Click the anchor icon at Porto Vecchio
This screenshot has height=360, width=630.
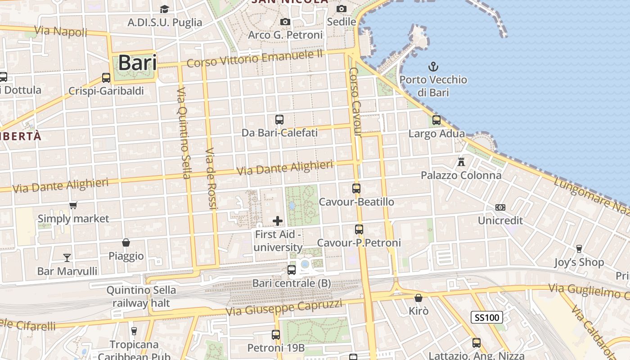pos(433,67)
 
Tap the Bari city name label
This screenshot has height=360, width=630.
pos(137,63)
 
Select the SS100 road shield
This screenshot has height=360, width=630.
pos(486,317)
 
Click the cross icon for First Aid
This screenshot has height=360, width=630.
pos(278,220)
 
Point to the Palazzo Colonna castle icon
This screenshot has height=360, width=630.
pos(461,162)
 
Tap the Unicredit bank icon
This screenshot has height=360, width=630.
pos(500,207)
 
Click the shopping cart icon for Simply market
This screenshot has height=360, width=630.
pos(73,205)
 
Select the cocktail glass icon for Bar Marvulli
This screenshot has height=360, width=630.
pos(67,257)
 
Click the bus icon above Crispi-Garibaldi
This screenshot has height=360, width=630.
pos(106,77)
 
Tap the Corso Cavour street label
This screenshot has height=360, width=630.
pos(355,102)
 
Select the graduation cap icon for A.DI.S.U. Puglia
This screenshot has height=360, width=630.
pos(164,9)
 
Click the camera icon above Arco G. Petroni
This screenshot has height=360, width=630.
pos(285,22)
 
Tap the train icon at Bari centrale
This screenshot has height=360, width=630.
pos(292,270)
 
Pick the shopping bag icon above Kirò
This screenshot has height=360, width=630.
pos(418,298)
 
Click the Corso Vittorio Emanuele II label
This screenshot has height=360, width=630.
pos(255,58)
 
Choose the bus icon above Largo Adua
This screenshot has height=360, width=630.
pos(436,120)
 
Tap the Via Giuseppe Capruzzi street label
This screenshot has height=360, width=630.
pos(284,307)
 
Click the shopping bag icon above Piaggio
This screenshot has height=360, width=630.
pos(126,243)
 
